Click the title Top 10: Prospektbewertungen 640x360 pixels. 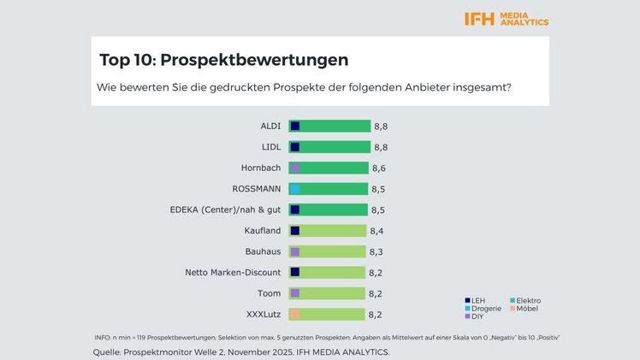point(223,60)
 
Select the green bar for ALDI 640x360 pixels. point(329,126)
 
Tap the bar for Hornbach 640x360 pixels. point(329,168)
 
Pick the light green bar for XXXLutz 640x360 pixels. point(327,314)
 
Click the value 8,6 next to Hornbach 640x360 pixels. point(379,168)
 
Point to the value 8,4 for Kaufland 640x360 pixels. point(376,231)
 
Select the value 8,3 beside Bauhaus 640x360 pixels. point(376,251)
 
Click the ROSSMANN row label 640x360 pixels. point(256,189)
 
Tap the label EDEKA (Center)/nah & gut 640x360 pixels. point(226,210)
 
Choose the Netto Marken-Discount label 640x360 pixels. point(233,273)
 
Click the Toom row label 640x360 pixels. point(270,293)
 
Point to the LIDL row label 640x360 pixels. point(270,147)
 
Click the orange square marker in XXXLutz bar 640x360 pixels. point(295,314)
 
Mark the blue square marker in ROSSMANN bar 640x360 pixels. point(295,189)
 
